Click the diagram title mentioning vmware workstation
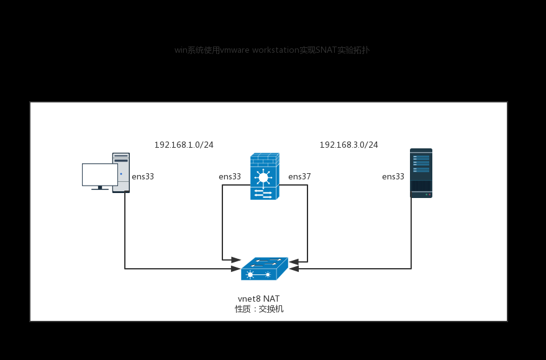(x=271, y=50)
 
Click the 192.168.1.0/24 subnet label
(x=184, y=145)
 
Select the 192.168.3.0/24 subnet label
(x=348, y=145)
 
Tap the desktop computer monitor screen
(x=99, y=174)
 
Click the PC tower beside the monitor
(x=121, y=172)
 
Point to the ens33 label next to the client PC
(x=143, y=176)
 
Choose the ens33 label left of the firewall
(x=230, y=176)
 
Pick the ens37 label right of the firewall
(x=299, y=176)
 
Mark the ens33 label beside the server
(x=393, y=176)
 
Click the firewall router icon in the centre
(x=264, y=177)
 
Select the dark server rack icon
(x=421, y=173)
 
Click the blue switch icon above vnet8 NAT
(x=264, y=269)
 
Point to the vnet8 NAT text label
(x=258, y=299)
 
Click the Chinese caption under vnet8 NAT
(x=259, y=308)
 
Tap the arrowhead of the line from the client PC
(x=236, y=269)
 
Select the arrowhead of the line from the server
(x=294, y=269)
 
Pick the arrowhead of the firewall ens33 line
(x=236, y=260)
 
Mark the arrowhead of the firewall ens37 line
(x=294, y=262)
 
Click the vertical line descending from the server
(x=411, y=233)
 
